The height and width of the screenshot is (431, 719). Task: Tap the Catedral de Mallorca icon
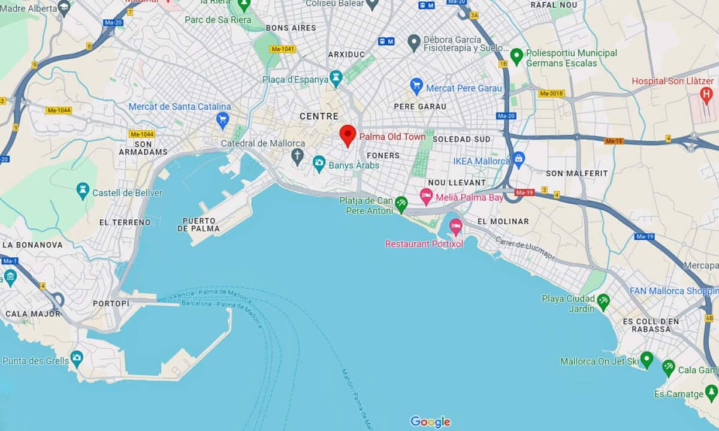click(x=297, y=157)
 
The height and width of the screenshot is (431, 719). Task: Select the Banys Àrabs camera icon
click(x=319, y=162)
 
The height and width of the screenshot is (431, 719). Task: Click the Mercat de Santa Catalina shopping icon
click(x=223, y=119)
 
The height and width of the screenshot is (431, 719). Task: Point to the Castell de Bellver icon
click(x=83, y=191)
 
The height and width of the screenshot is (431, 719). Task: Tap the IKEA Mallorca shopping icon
click(x=519, y=159)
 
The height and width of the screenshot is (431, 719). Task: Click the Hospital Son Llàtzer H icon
click(x=706, y=94)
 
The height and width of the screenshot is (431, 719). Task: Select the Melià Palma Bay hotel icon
click(x=426, y=195)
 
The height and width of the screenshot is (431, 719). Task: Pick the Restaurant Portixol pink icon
click(x=456, y=227)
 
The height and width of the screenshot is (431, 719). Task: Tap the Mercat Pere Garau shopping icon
click(x=416, y=86)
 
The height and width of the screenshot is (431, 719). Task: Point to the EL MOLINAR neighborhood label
click(x=503, y=221)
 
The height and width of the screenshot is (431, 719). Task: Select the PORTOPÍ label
click(x=111, y=304)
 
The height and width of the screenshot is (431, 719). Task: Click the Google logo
click(x=430, y=421)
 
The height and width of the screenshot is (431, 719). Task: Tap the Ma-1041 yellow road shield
click(x=282, y=49)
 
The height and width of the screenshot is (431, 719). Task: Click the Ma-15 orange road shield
click(x=614, y=141)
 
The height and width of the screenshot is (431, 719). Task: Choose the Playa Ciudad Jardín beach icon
click(x=603, y=300)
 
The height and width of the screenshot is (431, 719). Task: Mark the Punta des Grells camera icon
click(x=76, y=358)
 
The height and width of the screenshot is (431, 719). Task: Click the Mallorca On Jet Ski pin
click(x=646, y=359)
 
